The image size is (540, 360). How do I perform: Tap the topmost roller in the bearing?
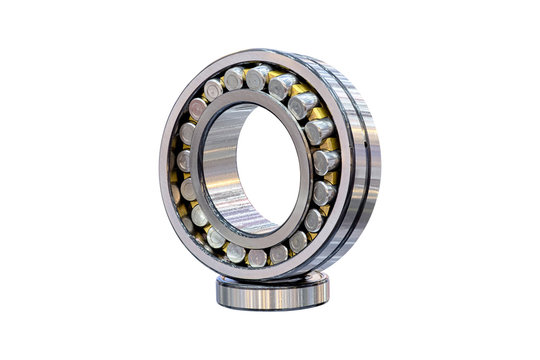click(x=258, y=77)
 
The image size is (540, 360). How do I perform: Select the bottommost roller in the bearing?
click(x=256, y=257)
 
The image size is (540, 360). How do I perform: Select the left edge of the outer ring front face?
click(x=164, y=165)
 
